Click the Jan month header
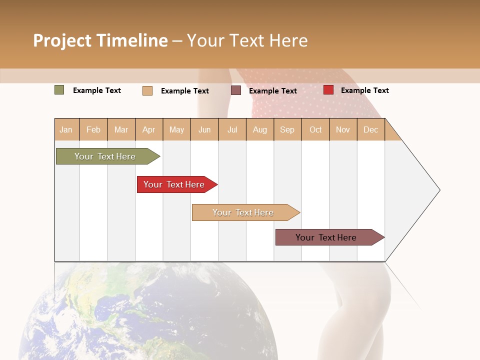point(66,129)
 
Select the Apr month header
point(149,129)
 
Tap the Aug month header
point(260,129)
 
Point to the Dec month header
point(370,129)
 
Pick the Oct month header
point(315,129)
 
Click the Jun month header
point(204,129)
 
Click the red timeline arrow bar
point(175,184)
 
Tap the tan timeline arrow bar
point(244,212)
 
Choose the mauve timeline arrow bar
point(327,237)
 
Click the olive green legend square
point(59,90)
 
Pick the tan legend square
point(147,90)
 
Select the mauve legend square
point(236,90)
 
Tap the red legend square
point(328,90)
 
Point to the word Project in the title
point(62,40)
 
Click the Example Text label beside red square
point(364,90)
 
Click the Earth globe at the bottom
point(150,315)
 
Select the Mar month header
point(121,129)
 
